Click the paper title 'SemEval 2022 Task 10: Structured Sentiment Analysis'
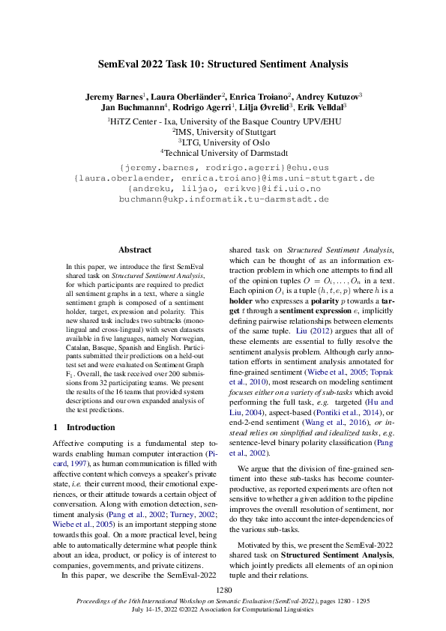[x=223, y=64]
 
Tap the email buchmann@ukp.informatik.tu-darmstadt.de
[x=224, y=200]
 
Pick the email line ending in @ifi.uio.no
[x=224, y=190]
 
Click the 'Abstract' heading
[x=135, y=250]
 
